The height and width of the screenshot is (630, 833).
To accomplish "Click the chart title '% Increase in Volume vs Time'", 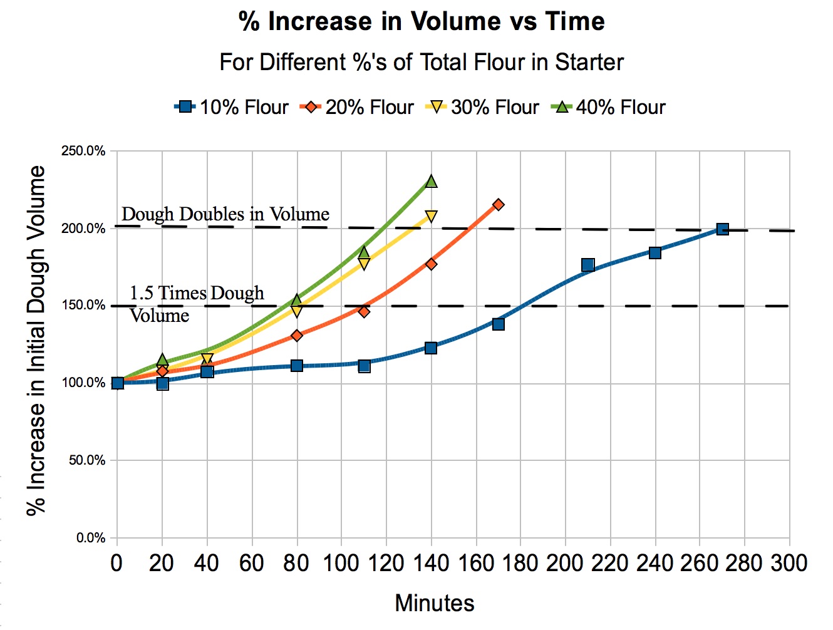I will pyautogui.click(x=422, y=22).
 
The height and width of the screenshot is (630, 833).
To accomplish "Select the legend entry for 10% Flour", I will pyautogui.click(x=232, y=107).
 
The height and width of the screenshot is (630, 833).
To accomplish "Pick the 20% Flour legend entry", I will pyautogui.click(x=358, y=107).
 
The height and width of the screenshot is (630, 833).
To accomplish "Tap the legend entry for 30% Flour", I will pyautogui.click(x=483, y=107).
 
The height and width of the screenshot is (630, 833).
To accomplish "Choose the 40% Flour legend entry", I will pyautogui.click(x=609, y=107).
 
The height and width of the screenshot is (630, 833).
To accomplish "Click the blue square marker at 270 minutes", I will pyautogui.click(x=722, y=229).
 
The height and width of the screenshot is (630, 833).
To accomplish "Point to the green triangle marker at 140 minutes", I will pyautogui.click(x=431, y=182).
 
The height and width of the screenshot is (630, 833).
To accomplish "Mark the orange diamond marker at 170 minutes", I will pyautogui.click(x=499, y=205).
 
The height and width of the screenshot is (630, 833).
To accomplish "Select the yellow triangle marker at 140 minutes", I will pyautogui.click(x=431, y=217).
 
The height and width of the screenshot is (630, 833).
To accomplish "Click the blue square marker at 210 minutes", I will pyautogui.click(x=587, y=265).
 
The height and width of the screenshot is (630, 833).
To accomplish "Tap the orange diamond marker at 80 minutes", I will pyautogui.click(x=297, y=336).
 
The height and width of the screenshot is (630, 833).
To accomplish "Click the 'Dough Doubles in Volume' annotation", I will pyautogui.click(x=225, y=214).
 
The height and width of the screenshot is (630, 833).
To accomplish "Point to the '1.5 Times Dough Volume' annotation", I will pyautogui.click(x=196, y=304).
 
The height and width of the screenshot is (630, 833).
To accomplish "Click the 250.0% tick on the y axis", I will pyautogui.click(x=83, y=151).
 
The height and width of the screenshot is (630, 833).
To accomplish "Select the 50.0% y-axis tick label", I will pyautogui.click(x=86, y=460).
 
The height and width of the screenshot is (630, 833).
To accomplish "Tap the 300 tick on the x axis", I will pyautogui.click(x=789, y=564).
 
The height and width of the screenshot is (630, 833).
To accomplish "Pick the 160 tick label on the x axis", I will pyautogui.click(x=475, y=564).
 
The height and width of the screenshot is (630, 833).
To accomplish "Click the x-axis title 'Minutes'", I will pyautogui.click(x=434, y=603).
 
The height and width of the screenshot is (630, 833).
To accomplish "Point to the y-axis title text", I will pyautogui.click(x=36, y=341).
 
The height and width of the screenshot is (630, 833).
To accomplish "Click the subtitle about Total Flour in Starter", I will pyautogui.click(x=422, y=63).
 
